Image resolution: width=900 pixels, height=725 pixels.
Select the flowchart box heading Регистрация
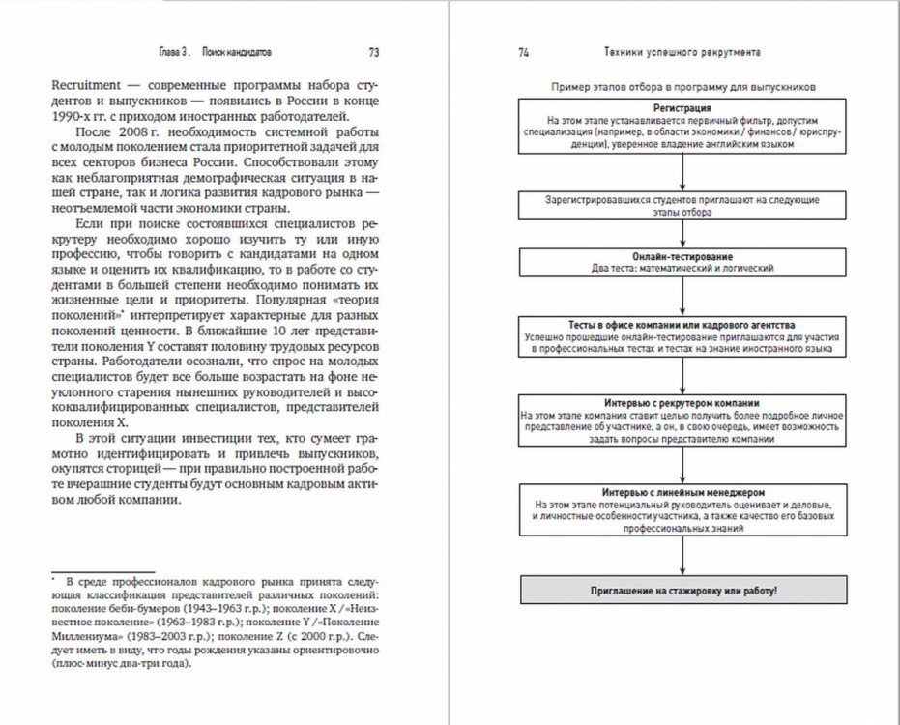pos(682,108)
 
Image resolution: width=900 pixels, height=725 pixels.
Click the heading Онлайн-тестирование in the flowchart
pos(682,256)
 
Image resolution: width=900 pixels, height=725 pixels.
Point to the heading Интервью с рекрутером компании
pos(682,402)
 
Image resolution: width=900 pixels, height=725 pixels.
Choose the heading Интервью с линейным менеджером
pos(682,491)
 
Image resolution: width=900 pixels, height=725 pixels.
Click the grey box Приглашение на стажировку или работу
pos(682,590)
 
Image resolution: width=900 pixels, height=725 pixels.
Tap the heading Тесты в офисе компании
pos(682,325)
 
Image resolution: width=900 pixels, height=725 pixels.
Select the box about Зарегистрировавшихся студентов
pos(682,205)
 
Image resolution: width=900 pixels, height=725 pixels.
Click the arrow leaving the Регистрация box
pos(682,172)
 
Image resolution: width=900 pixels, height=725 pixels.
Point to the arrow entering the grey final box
pos(682,557)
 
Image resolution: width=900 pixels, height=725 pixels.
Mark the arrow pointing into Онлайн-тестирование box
pos(682,235)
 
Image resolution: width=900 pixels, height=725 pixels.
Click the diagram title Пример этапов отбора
pos(682,86)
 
